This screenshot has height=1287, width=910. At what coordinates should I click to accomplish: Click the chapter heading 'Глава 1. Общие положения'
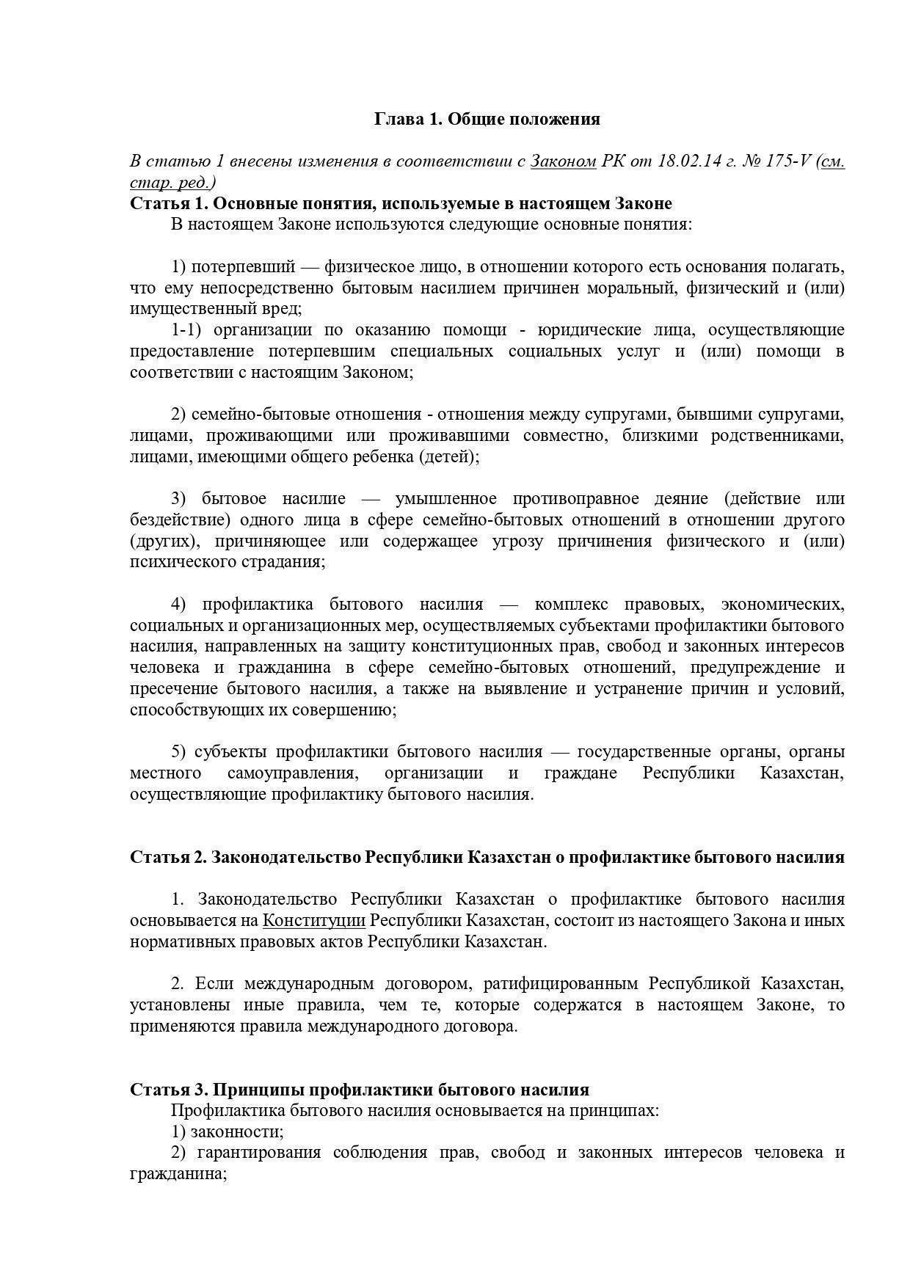(x=487, y=119)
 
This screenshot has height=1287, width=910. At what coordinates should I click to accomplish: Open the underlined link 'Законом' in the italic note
(x=563, y=161)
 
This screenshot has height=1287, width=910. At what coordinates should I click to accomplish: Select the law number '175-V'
(x=787, y=161)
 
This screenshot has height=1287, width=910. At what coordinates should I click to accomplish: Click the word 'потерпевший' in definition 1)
(x=243, y=266)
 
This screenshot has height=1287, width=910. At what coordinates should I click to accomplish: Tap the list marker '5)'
(x=179, y=752)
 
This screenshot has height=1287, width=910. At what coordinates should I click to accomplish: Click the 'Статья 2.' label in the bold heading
(x=168, y=857)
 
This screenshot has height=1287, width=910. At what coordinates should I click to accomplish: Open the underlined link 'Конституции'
(x=314, y=921)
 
